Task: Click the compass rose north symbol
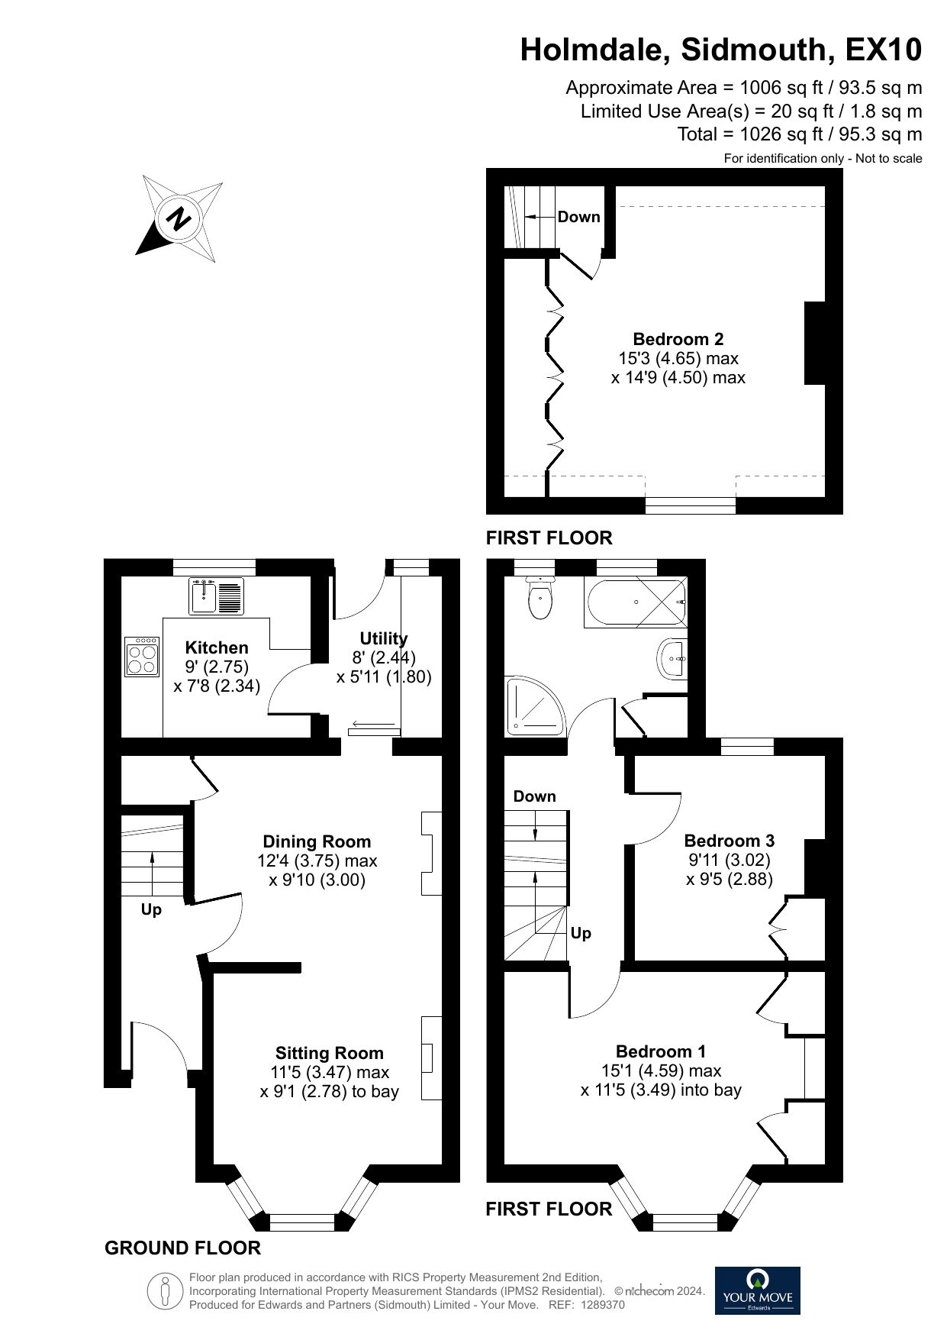pyautogui.click(x=179, y=218)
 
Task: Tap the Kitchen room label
pyautogui.click(x=217, y=647)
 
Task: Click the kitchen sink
pyautogui.click(x=217, y=596)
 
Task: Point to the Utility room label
pyautogui.click(x=384, y=638)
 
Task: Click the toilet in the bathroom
pyautogui.click(x=541, y=597)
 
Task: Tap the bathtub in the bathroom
pyautogui.click(x=636, y=602)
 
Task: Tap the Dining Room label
pyautogui.click(x=317, y=841)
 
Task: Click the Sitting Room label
pyautogui.click(x=330, y=1053)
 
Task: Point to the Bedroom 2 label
pyautogui.click(x=678, y=339)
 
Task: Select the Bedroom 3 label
pyautogui.click(x=730, y=841)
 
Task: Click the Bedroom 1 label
pyautogui.click(x=662, y=1051)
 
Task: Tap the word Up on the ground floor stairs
pyautogui.click(x=151, y=910)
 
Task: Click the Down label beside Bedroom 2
pyautogui.click(x=579, y=217)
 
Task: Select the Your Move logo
pyautogui.click(x=758, y=1290)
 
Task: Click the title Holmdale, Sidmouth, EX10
pyautogui.click(x=721, y=50)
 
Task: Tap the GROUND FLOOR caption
pyautogui.click(x=182, y=1248)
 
